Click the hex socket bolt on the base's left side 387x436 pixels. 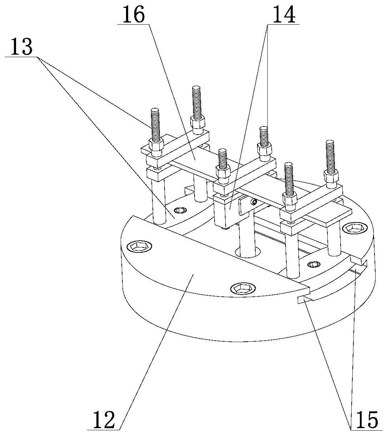[x=139, y=246]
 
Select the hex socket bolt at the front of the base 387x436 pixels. [x=243, y=289]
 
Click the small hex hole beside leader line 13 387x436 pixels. [x=180, y=210]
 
